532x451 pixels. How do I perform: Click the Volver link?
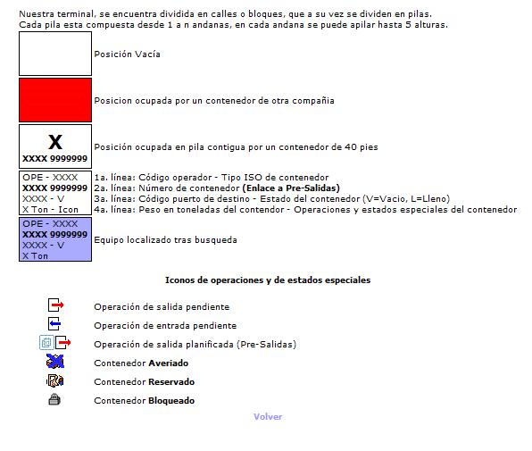268,417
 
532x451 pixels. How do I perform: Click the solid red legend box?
55,100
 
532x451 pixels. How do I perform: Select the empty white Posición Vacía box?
55,54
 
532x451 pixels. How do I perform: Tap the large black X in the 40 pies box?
55,142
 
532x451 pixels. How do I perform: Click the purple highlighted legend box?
55,239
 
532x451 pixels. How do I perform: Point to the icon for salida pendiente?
55,305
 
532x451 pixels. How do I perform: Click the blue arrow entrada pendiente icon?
54,324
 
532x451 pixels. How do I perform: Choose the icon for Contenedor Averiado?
55,362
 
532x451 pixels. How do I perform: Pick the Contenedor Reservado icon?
55,380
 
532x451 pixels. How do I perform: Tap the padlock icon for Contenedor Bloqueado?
54,399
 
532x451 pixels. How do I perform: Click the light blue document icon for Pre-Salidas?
46,342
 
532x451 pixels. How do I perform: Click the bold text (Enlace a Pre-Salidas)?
291,188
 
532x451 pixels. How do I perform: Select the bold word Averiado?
169,363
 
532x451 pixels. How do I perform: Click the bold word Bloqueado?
171,401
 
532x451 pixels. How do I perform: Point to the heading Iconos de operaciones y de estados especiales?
268,280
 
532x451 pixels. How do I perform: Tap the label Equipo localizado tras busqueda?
165,240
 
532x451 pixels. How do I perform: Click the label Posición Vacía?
128,54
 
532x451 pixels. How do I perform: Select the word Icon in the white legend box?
68,210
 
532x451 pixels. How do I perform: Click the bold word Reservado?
171,382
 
